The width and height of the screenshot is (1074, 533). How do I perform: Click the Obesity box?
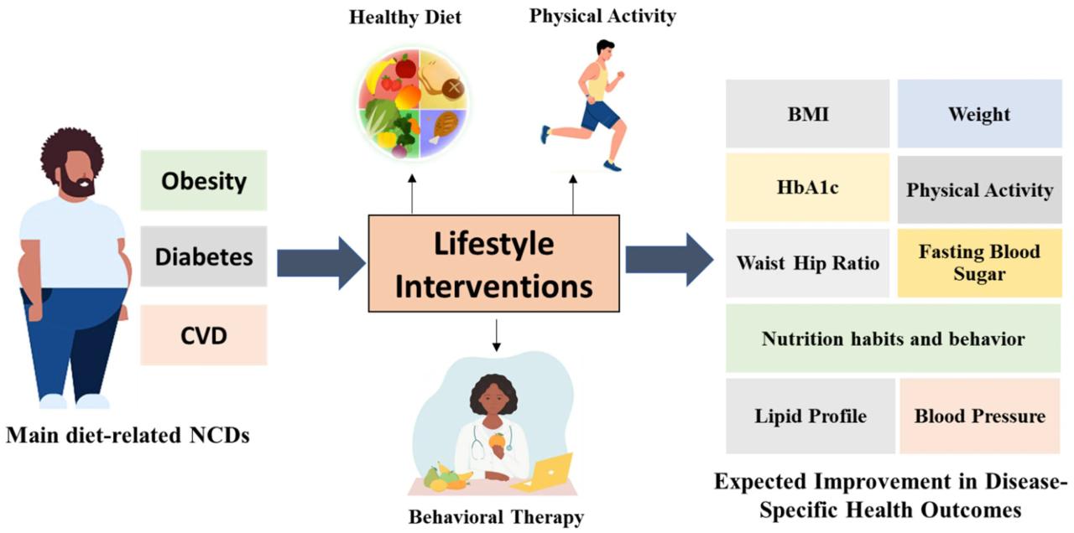(x=203, y=180)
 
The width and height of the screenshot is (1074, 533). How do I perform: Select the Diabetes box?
(x=203, y=256)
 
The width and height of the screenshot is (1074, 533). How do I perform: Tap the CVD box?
(x=203, y=334)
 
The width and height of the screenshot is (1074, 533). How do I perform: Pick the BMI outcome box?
(x=807, y=114)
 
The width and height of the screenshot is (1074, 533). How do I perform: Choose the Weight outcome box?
(x=979, y=114)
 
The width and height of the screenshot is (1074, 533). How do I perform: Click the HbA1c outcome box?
(x=807, y=189)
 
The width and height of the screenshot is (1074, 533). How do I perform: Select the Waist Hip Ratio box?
(x=807, y=263)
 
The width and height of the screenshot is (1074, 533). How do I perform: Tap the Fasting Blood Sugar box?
(x=979, y=263)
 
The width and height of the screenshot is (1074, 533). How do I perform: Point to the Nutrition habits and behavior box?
(x=893, y=339)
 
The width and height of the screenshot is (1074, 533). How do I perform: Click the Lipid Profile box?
(x=810, y=416)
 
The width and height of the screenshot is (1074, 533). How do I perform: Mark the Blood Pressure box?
(x=979, y=416)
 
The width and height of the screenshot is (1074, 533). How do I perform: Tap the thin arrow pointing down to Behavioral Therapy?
(x=497, y=335)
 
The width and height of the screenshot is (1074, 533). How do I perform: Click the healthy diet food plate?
(x=410, y=103)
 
